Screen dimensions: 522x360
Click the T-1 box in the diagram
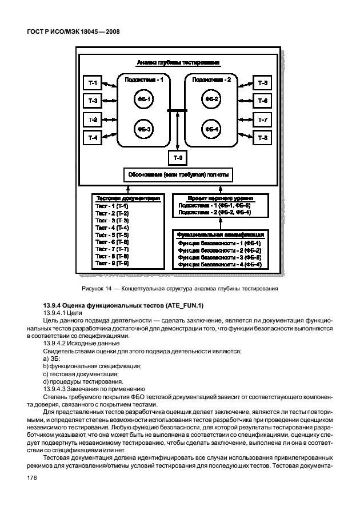(x=93, y=84)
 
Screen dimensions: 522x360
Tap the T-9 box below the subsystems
(x=178, y=157)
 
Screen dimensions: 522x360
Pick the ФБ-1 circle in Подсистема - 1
(x=143, y=99)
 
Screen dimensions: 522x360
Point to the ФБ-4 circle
(x=211, y=129)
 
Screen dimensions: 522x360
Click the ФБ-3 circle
(x=143, y=129)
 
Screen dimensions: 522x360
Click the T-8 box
(x=262, y=138)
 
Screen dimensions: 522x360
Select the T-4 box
(x=93, y=138)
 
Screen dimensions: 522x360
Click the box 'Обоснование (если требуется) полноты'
(x=178, y=174)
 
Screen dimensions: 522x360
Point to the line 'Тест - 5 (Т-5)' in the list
(x=112, y=235)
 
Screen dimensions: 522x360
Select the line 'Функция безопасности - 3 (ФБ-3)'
(x=219, y=257)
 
